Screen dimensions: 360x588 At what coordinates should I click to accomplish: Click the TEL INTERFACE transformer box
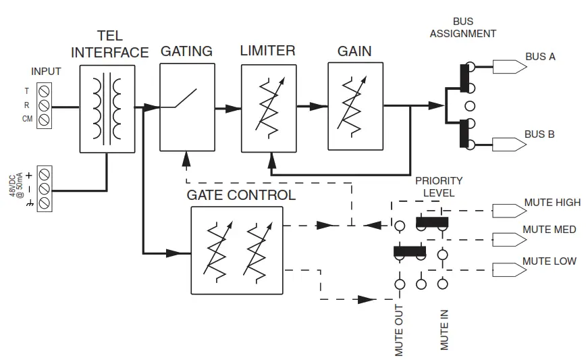[107, 109]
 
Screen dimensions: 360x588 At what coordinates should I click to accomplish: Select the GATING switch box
[187, 107]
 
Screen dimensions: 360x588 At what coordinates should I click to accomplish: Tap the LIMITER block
[269, 108]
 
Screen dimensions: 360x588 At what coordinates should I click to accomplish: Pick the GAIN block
[355, 106]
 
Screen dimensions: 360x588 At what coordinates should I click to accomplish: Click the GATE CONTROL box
[236, 251]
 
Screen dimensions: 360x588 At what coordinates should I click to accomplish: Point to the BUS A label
[540, 57]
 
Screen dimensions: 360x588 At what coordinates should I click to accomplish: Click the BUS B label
[539, 134]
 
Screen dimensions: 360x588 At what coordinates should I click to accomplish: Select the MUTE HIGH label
[552, 203]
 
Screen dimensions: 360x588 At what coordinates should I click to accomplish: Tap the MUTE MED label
[549, 230]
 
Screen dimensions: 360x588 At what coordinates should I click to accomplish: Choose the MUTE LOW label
[550, 261]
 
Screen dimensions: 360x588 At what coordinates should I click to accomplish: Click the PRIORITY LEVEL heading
[439, 186]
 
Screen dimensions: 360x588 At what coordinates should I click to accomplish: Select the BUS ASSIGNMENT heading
[463, 28]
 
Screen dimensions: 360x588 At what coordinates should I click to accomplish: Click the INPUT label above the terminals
[46, 71]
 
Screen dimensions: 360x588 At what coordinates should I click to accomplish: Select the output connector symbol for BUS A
[503, 66]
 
